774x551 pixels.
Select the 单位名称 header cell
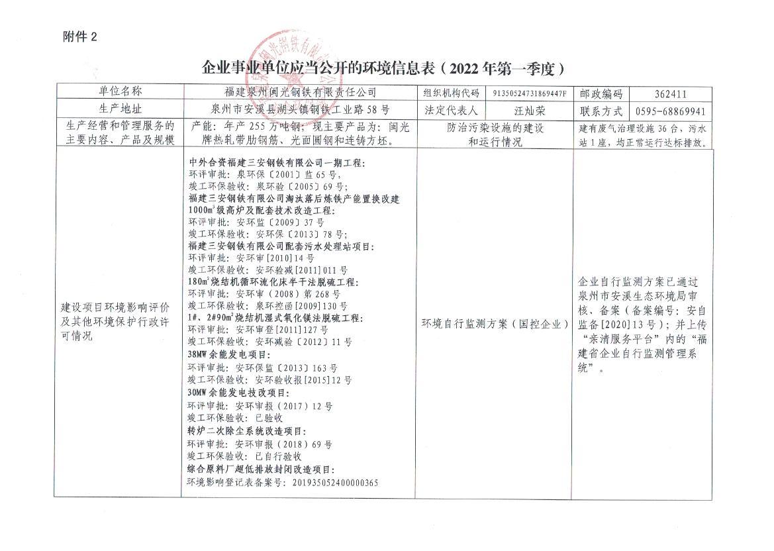(121, 92)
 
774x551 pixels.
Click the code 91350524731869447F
(530, 93)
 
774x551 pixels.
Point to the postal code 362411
(670, 94)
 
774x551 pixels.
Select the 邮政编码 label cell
(601, 94)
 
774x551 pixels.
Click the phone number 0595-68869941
(670, 111)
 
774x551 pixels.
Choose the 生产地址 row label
(121, 109)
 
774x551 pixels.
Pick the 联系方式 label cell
(601, 111)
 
